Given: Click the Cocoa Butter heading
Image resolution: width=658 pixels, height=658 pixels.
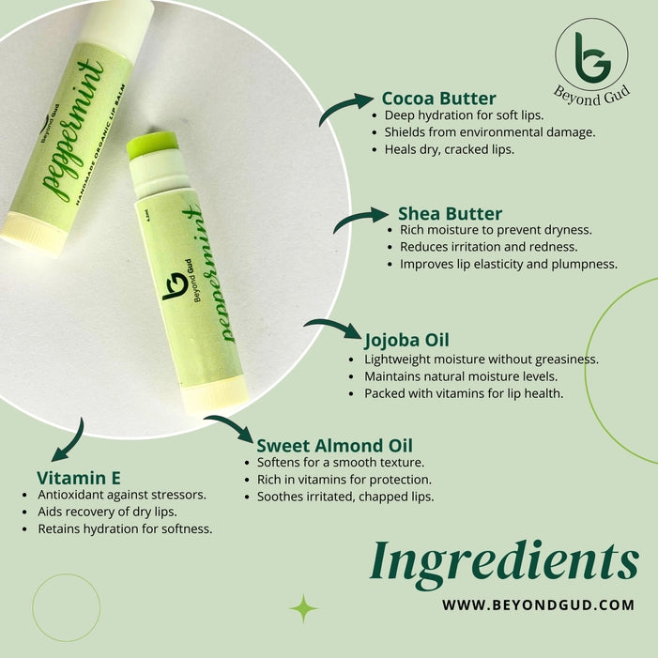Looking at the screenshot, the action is click(x=439, y=99).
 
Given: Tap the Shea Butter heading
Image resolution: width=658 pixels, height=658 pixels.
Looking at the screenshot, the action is click(x=450, y=214).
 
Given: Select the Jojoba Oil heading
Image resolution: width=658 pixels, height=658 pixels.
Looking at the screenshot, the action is click(x=406, y=341).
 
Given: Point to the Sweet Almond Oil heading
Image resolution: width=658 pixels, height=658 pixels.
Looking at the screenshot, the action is click(x=334, y=446).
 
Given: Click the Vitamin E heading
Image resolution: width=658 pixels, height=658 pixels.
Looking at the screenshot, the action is click(x=79, y=478).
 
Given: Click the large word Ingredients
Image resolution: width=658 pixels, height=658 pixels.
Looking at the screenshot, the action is click(x=504, y=562).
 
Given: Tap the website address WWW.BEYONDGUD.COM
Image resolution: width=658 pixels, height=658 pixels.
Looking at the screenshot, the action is click(x=538, y=605).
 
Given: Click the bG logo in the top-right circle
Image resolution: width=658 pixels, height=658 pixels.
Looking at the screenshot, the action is click(x=592, y=57).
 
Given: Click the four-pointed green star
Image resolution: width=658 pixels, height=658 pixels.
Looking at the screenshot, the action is click(x=303, y=608).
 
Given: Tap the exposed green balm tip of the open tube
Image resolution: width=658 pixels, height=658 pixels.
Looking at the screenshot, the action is click(x=151, y=145).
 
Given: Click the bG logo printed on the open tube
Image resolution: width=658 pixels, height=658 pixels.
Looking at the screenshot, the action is click(x=176, y=286).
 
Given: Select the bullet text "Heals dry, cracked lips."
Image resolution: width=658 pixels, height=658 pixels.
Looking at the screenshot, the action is click(x=449, y=150).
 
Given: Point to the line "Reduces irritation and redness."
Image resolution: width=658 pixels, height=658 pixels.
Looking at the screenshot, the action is click(x=488, y=247).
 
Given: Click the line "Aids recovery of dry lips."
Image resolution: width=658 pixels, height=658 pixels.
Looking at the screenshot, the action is click(x=107, y=512).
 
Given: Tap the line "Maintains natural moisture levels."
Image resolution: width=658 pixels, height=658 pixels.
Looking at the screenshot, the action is click(x=461, y=376).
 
